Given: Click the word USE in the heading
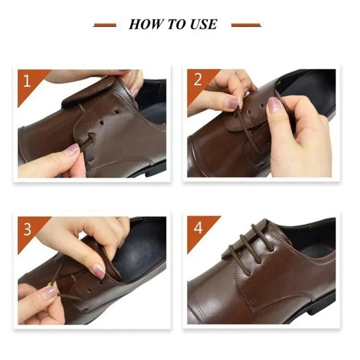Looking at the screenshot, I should (x=201, y=24).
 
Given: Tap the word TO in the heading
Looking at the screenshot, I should (x=173, y=24).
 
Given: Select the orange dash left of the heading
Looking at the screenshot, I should (x=105, y=25).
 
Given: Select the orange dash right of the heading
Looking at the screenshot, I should (x=246, y=25).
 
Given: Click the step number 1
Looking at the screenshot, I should (x=27, y=81).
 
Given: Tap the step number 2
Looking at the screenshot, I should (x=198, y=80).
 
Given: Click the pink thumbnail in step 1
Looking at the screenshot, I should (x=72, y=150).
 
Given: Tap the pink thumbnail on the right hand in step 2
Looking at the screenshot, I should (x=274, y=106).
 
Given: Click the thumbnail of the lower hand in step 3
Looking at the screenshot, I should (x=49, y=292).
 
